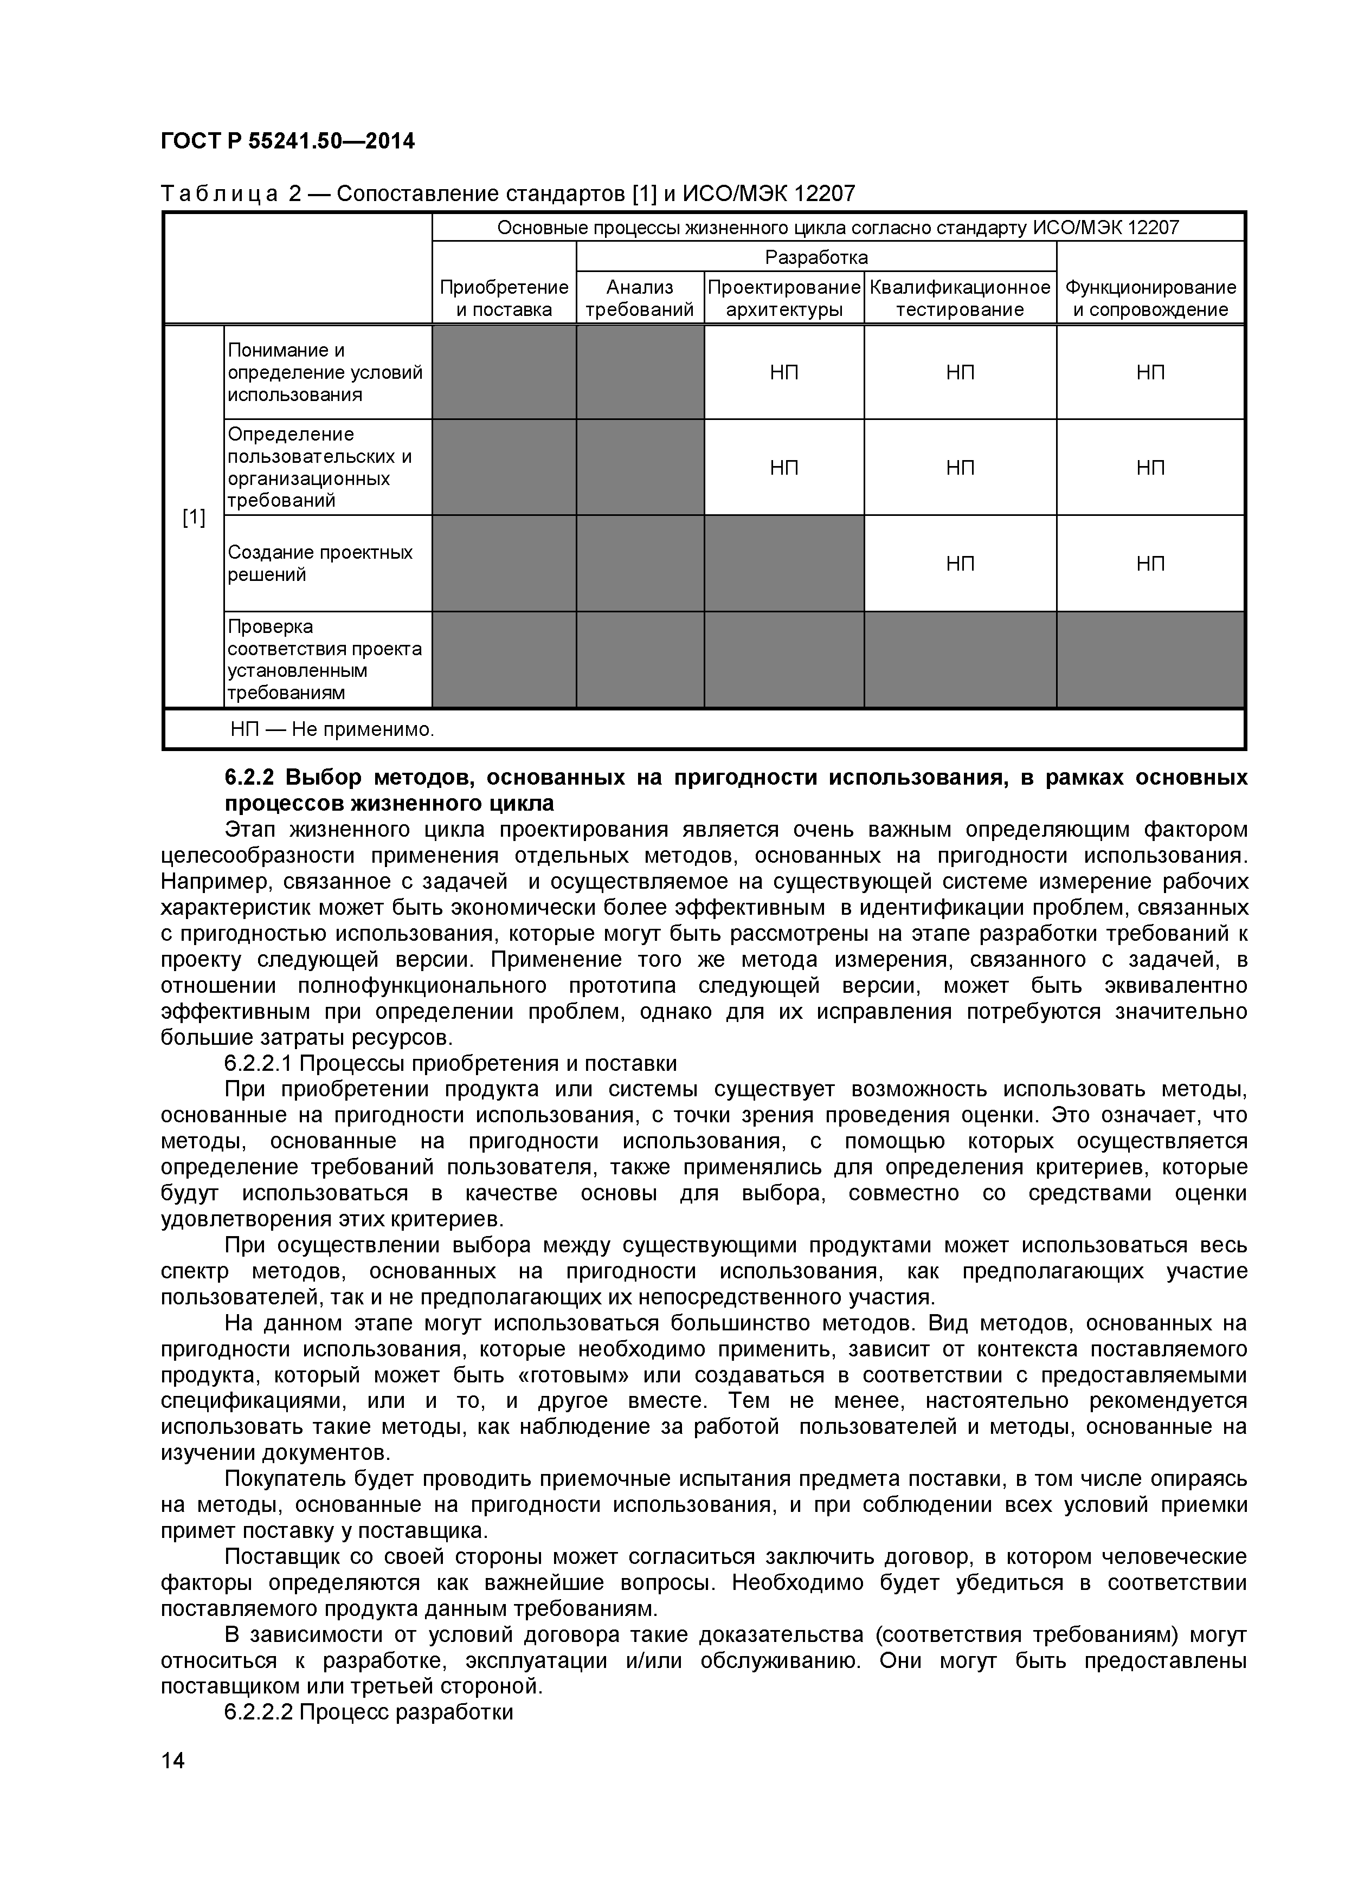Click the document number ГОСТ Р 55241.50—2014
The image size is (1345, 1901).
pyautogui.click(x=287, y=141)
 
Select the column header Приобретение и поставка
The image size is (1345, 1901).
pyautogui.click(x=504, y=298)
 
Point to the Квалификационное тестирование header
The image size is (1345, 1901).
pyautogui.click(x=960, y=298)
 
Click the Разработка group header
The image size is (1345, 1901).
pyautogui.click(x=816, y=257)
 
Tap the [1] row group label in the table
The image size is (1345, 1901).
pyautogui.click(x=194, y=518)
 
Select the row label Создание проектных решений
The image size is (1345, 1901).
pyautogui.click(x=320, y=563)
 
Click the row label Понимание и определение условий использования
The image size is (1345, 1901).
pyautogui.click(x=325, y=372)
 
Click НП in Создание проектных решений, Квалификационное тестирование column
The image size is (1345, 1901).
pyautogui.click(x=960, y=564)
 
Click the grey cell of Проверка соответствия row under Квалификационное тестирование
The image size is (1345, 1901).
pyautogui.click(x=960, y=660)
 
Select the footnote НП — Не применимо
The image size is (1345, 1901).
pyautogui.click(x=332, y=729)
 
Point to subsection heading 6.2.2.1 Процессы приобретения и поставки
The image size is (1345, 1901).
pyautogui.click(x=451, y=1063)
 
